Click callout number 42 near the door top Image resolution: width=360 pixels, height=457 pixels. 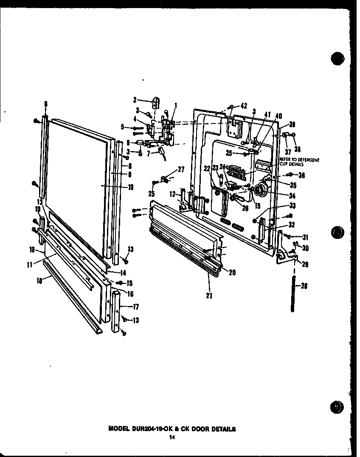pos(244,106)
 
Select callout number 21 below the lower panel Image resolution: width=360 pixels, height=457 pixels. pos(209,295)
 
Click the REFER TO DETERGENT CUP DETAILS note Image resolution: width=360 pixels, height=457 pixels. pos(299,162)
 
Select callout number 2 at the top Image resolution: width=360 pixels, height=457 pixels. pos(135,100)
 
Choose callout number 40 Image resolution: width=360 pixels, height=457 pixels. pos(279,116)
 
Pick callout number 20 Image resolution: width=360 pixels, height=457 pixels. pos(232,273)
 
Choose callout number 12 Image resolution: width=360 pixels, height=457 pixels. pos(172,194)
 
